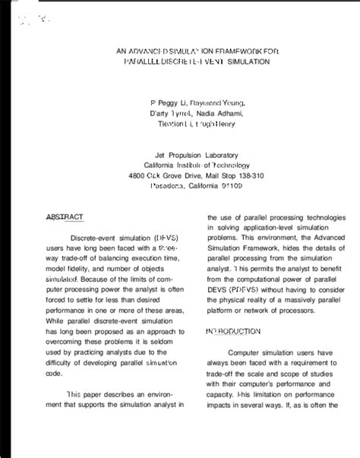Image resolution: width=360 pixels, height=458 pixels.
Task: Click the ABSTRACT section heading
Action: pyautogui.click(x=65, y=217)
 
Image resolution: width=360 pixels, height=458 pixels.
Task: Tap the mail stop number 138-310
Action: pyautogui.click(x=248, y=175)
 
